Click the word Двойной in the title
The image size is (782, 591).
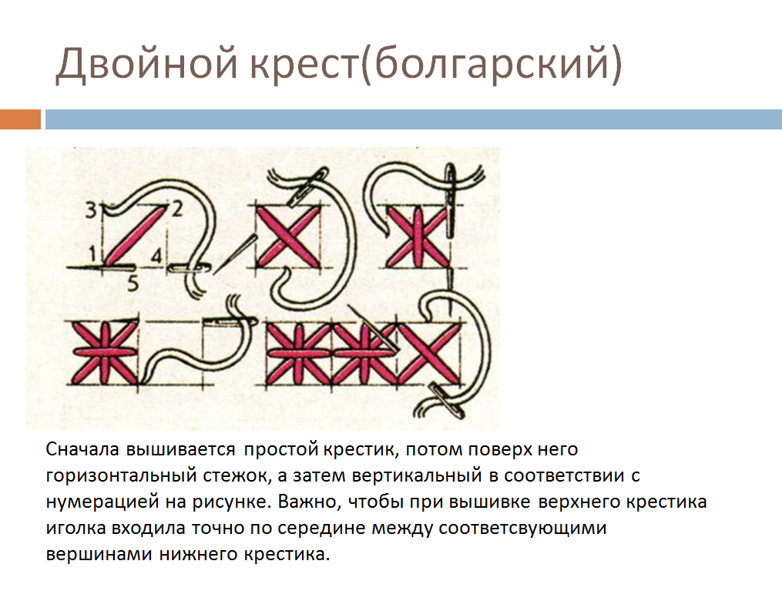coord(146,64)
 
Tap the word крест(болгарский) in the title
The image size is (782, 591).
coord(435,64)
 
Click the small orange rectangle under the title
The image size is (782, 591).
coord(21,119)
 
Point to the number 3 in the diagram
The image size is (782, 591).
coord(91,210)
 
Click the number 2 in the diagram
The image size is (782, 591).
coord(177,209)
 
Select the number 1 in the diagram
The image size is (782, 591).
coord(92,254)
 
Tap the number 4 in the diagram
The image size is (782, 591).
coord(156,257)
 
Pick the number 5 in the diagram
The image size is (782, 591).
coord(133,284)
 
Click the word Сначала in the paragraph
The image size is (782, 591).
coord(82,449)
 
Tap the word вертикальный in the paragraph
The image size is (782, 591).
coord(417,476)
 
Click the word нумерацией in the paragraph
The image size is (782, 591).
coord(102,502)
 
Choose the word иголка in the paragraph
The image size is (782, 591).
coord(76,528)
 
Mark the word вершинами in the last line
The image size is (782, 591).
coord(99,554)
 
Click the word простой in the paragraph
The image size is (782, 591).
coord(280,450)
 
